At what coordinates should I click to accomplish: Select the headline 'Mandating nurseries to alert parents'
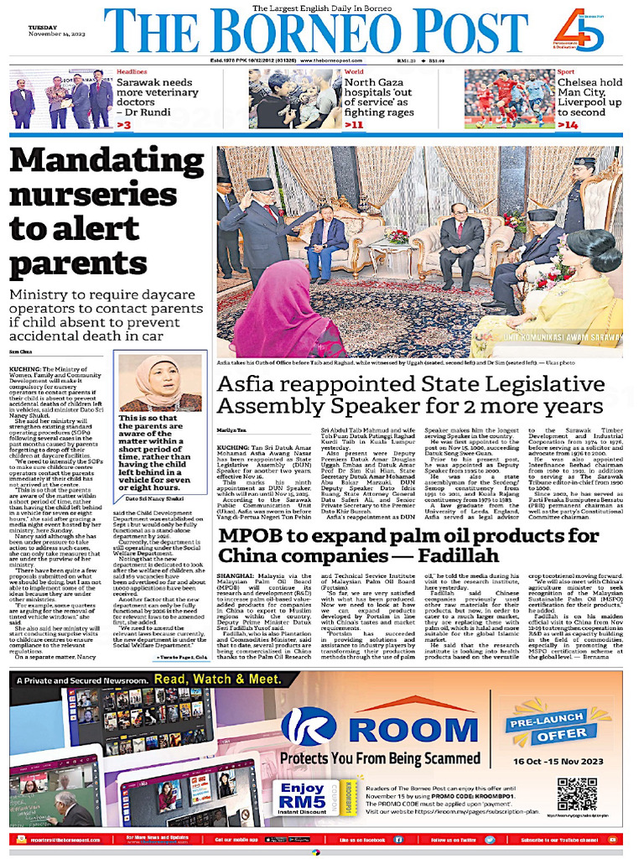click(107, 210)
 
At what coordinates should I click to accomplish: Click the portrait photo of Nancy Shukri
click(160, 383)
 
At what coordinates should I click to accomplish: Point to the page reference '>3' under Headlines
click(124, 125)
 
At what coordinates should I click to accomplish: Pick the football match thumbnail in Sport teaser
click(506, 99)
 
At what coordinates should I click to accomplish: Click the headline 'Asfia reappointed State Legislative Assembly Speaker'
click(411, 395)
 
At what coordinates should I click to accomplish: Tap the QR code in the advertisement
click(578, 793)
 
